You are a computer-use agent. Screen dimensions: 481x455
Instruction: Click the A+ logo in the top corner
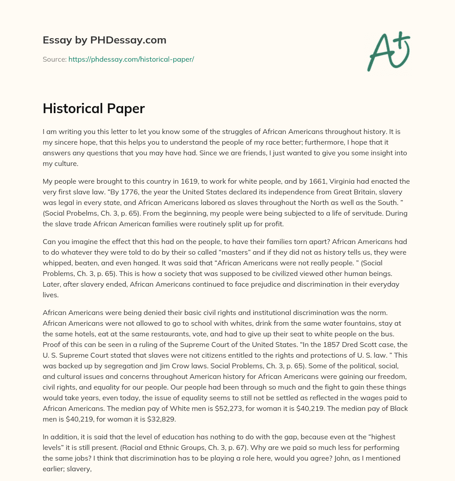point(388,51)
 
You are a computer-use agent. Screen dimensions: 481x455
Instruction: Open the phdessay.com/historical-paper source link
point(131,59)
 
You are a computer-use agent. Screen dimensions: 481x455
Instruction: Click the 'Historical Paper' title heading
point(93,109)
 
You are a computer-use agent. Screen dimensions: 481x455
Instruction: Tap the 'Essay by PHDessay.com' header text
point(104,40)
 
